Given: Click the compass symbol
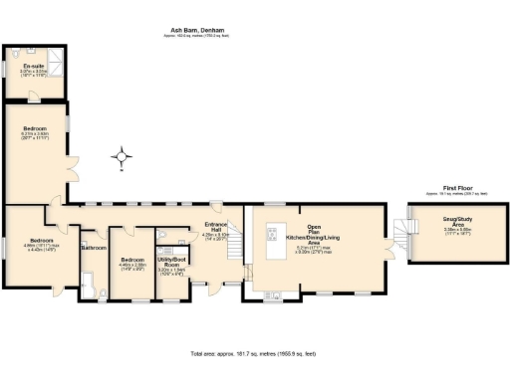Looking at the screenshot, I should tap(122, 155).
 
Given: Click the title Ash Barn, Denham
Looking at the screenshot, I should tap(199, 31).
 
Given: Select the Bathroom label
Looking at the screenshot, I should tap(94, 247).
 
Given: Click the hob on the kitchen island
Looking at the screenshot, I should tap(271, 236).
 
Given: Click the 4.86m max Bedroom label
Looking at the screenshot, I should tap(40, 244).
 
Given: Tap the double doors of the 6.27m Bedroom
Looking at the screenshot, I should tap(71, 166).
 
